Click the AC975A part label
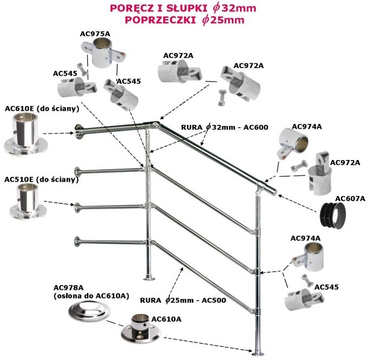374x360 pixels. (x=95, y=34)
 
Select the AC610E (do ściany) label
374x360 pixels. (x=42, y=109)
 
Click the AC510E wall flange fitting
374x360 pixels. (x=28, y=202)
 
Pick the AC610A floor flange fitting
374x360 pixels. (x=141, y=329)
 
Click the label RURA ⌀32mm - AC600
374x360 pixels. (x=224, y=127)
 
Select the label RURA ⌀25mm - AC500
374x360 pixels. (x=183, y=300)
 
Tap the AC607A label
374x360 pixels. (x=350, y=198)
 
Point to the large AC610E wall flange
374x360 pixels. (x=25, y=134)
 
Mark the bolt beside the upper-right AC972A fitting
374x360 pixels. (x=222, y=97)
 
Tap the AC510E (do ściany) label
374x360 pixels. (x=42, y=179)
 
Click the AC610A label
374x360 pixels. (x=166, y=319)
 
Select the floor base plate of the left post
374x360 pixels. (x=149, y=278)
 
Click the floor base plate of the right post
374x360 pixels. (x=258, y=352)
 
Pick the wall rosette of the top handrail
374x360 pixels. (x=78, y=131)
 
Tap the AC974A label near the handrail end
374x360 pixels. (x=307, y=126)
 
